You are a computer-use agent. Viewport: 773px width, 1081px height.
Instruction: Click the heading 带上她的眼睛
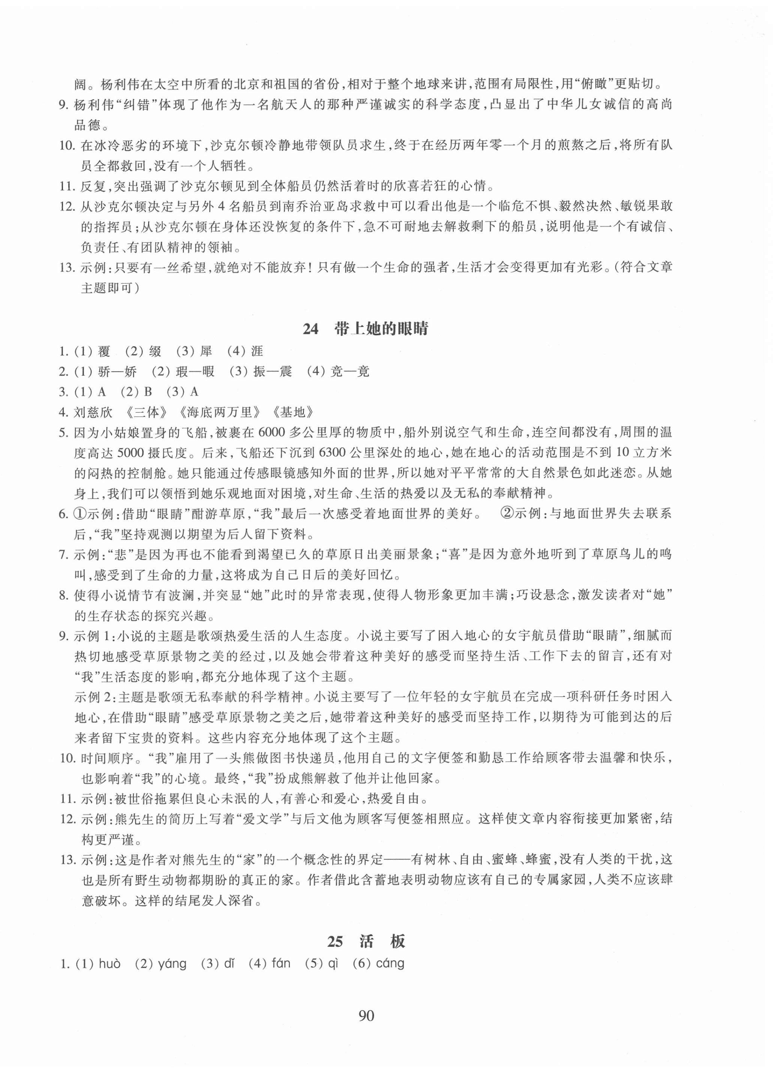click(x=381, y=329)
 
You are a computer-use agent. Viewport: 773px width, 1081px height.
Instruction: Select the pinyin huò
click(x=110, y=964)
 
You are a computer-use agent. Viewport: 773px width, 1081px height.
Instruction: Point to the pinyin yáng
click(x=172, y=964)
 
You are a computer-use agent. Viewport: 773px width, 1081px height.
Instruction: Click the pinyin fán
click(x=281, y=964)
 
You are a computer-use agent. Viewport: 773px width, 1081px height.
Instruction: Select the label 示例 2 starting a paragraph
click(x=95, y=697)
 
